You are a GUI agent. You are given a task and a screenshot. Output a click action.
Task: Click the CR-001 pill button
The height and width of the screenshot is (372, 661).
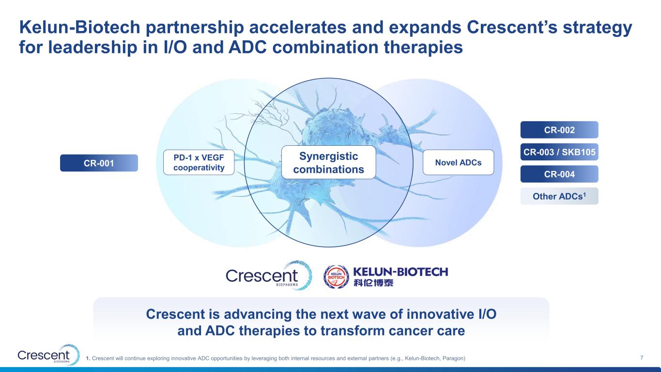[99, 163]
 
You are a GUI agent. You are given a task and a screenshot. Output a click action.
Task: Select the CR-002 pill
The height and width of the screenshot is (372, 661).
[559, 130]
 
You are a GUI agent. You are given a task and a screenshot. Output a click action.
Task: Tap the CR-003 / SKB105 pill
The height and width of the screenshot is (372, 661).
[559, 152]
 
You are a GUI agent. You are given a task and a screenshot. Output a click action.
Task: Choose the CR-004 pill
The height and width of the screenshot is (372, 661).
[559, 174]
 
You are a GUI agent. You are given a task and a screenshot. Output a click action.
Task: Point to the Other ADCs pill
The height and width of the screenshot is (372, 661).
[559, 196]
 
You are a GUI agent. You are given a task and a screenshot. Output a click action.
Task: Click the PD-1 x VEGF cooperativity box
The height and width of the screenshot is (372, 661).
[199, 162]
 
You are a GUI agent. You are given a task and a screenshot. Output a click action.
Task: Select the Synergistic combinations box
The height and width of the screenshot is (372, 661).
[328, 162]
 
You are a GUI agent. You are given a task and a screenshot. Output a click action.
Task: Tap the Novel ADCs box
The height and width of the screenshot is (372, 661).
[458, 162]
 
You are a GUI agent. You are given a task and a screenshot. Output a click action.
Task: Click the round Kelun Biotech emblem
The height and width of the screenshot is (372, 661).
[336, 277]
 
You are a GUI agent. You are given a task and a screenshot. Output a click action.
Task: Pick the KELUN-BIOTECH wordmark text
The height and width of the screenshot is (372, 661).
[400, 272]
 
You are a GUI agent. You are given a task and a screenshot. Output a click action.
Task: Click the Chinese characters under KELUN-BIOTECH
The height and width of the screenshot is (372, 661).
[373, 283]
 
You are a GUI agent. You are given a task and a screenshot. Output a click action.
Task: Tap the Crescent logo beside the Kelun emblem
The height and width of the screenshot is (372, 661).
[269, 275]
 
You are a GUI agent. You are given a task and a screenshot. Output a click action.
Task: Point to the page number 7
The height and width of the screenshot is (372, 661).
[642, 357]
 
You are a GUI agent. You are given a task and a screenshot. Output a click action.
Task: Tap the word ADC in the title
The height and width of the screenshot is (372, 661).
[247, 47]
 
